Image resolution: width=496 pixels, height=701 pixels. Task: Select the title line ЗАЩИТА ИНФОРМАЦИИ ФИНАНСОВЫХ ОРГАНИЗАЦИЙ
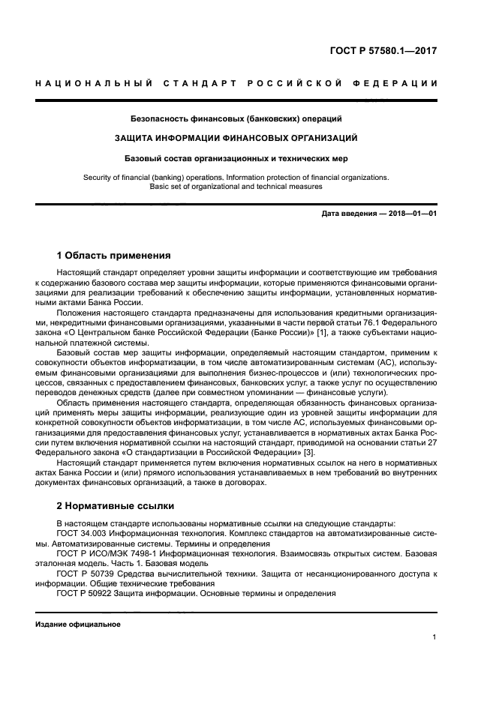point(236,138)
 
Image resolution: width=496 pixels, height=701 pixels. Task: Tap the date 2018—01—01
point(412,214)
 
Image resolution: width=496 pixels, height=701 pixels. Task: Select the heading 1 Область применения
point(114,255)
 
